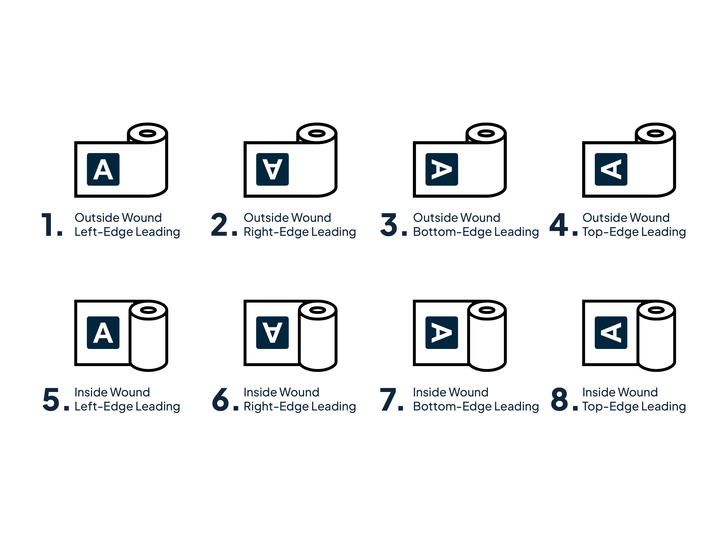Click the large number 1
pyautogui.click(x=47, y=225)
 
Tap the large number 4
pyautogui.click(x=559, y=225)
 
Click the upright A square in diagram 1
pyautogui.click(x=103, y=169)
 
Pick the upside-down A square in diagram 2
pyautogui.click(x=272, y=169)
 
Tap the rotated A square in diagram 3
pyautogui.click(x=442, y=169)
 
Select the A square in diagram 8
pyautogui.click(x=611, y=332)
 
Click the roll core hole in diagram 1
pyautogui.click(x=147, y=133)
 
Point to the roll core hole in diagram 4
pyautogui.click(x=655, y=133)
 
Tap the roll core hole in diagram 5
pyautogui.click(x=148, y=310)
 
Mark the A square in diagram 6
pyautogui.click(x=272, y=332)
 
